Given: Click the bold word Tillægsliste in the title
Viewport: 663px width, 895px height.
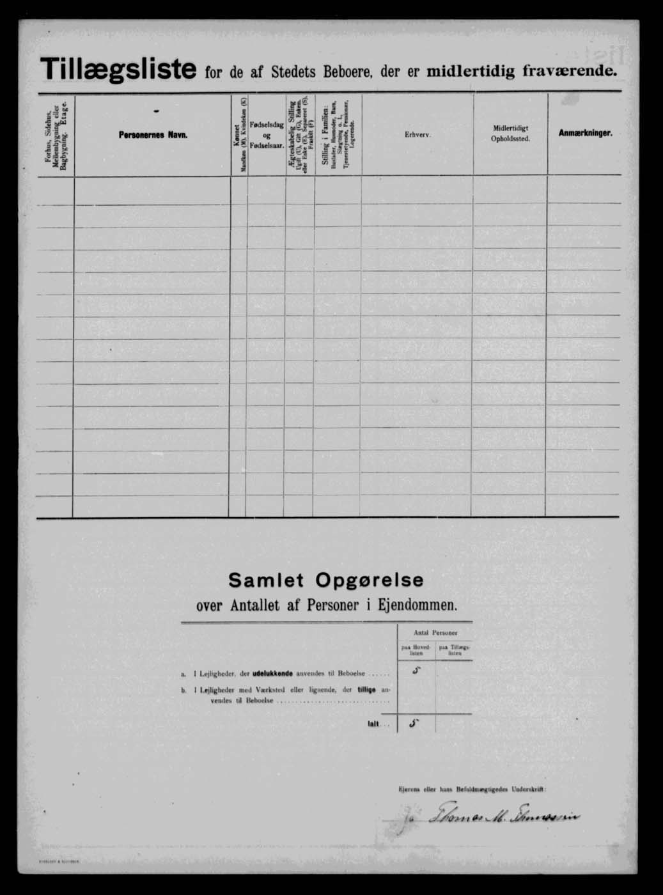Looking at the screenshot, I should pyautogui.click(x=118, y=69).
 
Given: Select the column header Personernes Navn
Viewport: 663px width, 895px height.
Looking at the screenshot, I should pyautogui.click(x=153, y=136).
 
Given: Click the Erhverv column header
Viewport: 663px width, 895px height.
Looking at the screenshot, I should pyautogui.click(x=417, y=134).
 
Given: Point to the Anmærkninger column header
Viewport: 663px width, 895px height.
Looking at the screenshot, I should pyautogui.click(x=585, y=133).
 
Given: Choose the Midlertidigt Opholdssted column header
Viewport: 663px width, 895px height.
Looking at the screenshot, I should pyautogui.click(x=510, y=134).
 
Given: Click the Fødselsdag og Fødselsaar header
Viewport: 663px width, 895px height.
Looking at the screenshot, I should pyautogui.click(x=267, y=136).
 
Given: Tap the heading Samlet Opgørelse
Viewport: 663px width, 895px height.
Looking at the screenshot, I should pyautogui.click(x=326, y=580).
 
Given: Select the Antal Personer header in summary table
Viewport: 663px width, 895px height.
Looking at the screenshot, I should pyautogui.click(x=435, y=633).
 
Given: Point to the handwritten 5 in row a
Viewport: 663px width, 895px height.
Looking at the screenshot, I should pyautogui.click(x=417, y=671).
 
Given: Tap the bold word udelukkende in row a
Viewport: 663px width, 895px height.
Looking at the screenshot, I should pyautogui.click(x=274, y=674).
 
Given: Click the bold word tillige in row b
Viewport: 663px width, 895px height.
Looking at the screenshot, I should pyautogui.click(x=367, y=690).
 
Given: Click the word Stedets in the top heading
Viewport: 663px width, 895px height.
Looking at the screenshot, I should pyautogui.click(x=293, y=72).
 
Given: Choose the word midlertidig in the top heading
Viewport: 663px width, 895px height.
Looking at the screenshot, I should pyautogui.click(x=471, y=71).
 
